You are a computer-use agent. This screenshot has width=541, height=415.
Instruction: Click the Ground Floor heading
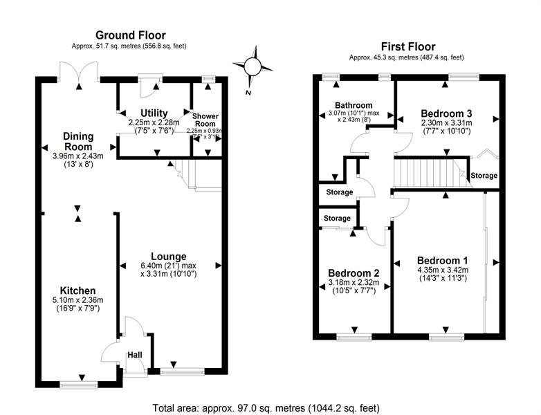pyautogui.click(x=130, y=35)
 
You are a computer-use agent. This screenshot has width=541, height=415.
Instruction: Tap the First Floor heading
pyautogui.click(x=406, y=46)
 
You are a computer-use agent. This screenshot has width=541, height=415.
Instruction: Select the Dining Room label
pyautogui.click(x=78, y=141)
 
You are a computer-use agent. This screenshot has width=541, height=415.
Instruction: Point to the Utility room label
pyautogui.click(x=154, y=113)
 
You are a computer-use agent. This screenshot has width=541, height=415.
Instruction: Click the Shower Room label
pyautogui.click(x=205, y=119)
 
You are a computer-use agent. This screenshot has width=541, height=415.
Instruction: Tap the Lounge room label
pyautogui.click(x=169, y=257)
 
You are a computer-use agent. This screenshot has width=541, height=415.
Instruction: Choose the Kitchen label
pyautogui.click(x=77, y=290)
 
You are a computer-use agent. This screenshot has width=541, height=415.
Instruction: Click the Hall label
pyautogui.click(x=135, y=355)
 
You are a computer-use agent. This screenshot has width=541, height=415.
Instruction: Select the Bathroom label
pyautogui.click(x=354, y=106)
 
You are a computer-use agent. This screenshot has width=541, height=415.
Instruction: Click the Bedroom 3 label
pyautogui.click(x=446, y=113)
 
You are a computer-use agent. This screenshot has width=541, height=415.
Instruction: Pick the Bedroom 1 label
pyautogui.click(x=443, y=260)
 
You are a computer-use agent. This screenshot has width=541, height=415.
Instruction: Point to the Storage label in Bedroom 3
pyautogui.click(x=484, y=176)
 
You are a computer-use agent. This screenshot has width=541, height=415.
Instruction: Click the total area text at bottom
pyautogui.click(x=270, y=406)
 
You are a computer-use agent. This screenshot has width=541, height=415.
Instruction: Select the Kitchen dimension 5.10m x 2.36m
pyautogui.click(x=77, y=299)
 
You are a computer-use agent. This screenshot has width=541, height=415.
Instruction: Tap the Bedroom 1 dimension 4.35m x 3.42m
pyautogui.click(x=443, y=270)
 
